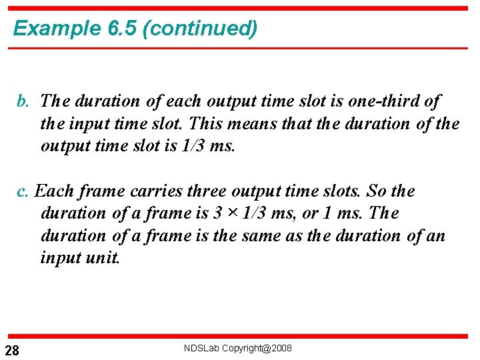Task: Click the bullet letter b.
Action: (23, 102)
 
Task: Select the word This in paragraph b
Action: (202, 124)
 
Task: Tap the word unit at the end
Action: (102, 259)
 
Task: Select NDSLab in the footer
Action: (201, 348)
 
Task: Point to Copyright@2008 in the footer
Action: (257, 348)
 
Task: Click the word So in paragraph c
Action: (377, 192)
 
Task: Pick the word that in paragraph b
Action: (303, 124)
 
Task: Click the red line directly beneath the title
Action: (240, 47)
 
